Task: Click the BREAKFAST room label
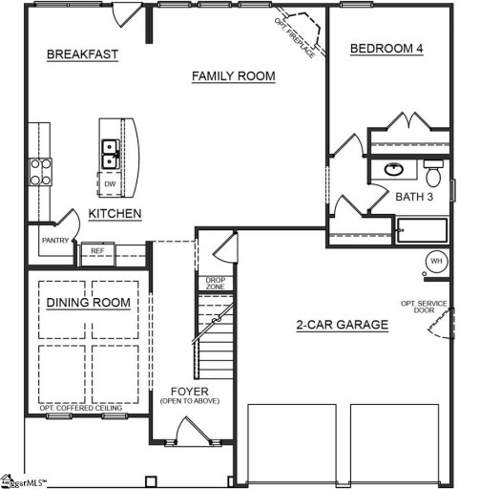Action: point(82,54)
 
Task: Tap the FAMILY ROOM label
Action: point(233,75)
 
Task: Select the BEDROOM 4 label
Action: point(387,49)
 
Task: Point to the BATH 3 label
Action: point(415,196)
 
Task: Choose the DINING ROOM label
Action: point(88,303)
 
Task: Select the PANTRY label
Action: point(54,241)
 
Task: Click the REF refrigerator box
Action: point(96,251)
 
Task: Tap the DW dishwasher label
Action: point(111,182)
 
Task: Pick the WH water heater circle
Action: point(435,261)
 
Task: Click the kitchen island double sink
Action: point(111,148)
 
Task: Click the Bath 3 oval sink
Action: point(393,170)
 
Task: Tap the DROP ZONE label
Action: point(216,283)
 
